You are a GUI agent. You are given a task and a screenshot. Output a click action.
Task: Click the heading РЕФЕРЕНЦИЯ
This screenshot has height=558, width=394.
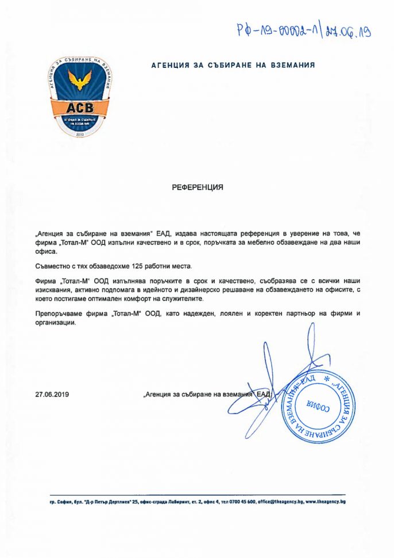197,188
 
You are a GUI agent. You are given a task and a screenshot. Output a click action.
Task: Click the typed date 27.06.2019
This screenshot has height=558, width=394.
51,395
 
